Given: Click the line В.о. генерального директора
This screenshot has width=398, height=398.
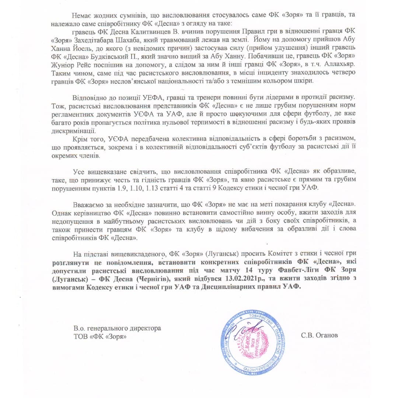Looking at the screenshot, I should (x=118, y=328).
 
